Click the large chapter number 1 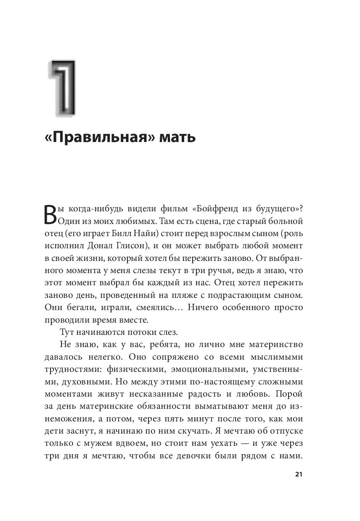(x=64, y=88)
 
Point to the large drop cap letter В (x=50, y=215)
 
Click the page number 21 (x=299, y=474)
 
